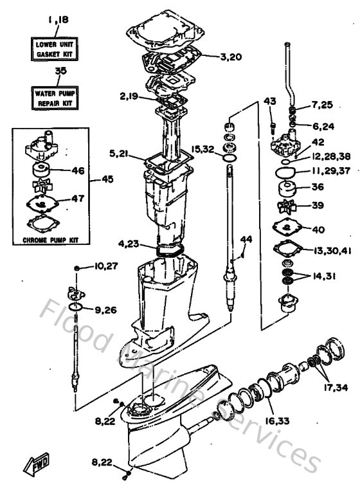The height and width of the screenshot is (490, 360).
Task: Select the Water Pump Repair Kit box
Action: point(55,97)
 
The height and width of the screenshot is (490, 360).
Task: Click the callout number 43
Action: point(269,101)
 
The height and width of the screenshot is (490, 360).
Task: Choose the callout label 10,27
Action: point(104,266)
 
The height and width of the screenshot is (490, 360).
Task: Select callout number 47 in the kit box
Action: point(77,199)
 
